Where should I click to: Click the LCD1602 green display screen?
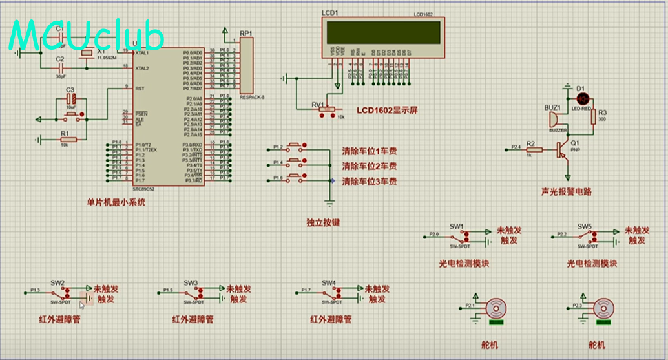coord(384,32)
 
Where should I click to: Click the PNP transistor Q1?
coord(564,149)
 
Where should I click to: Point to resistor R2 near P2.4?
coord(530,149)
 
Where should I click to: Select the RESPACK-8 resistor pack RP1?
coord(247,65)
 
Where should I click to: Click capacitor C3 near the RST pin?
coord(72,100)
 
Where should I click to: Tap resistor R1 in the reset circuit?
coord(68,139)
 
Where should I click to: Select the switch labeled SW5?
coord(588,236)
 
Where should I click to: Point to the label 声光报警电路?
coord(567,192)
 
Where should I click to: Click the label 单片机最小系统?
coord(116,202)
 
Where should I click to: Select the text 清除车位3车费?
coord(369,182)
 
